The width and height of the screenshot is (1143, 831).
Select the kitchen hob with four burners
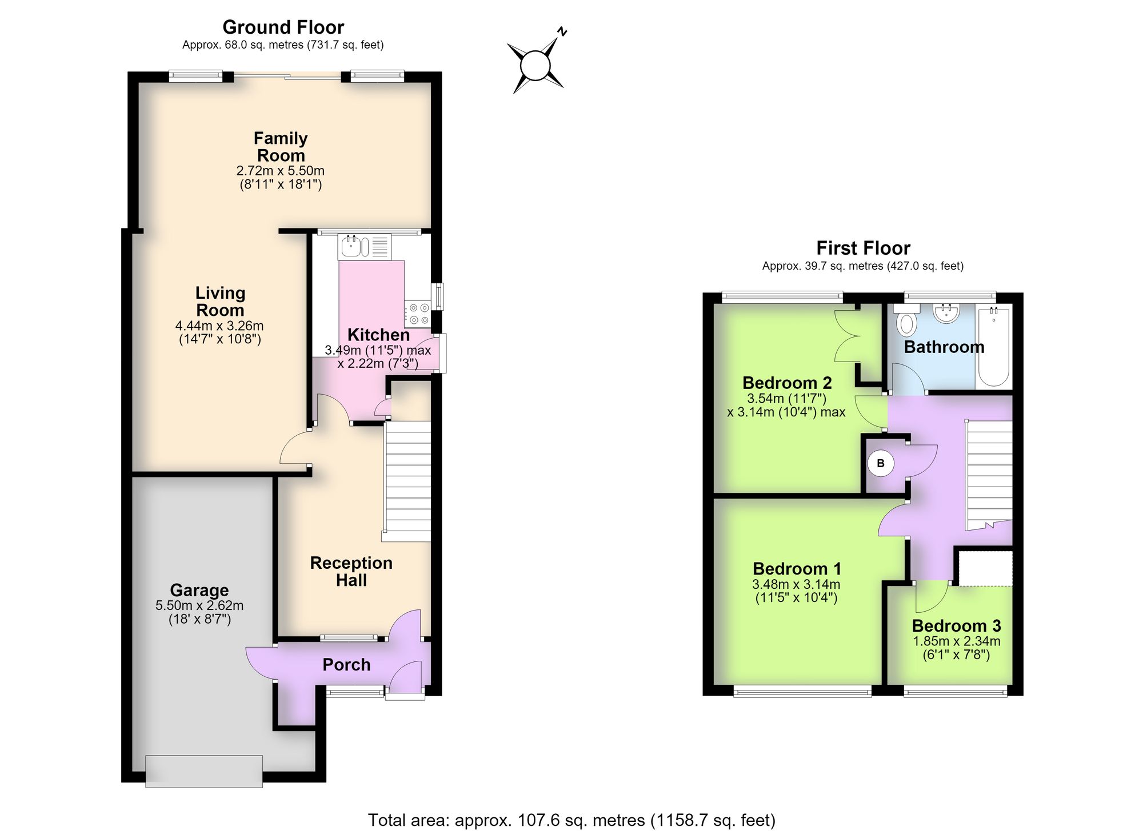pos(418,314)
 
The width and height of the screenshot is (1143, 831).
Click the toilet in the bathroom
pos(906,319)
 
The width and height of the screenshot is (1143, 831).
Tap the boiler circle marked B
pos(881,463)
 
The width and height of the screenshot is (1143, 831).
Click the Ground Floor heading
pos(283,27)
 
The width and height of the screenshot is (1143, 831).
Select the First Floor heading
pos(863,248)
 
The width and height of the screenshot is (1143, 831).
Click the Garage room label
pos(199,590)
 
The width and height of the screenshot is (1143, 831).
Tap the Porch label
pos(346,664)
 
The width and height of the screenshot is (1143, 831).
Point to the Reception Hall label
pos(351,571)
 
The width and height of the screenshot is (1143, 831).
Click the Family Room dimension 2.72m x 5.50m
pos(281,171)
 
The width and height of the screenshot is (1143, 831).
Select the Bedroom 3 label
pos(956,626)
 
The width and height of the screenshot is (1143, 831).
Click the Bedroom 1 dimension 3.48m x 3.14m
pos(796,584)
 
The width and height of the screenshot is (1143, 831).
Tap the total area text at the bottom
pos(571,820)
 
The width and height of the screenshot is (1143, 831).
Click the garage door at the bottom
pos(204,771)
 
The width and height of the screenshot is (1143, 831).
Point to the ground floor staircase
pos(407,481)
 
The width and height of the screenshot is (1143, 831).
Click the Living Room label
pos(220,301)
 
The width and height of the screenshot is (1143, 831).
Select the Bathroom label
pos(944,347)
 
